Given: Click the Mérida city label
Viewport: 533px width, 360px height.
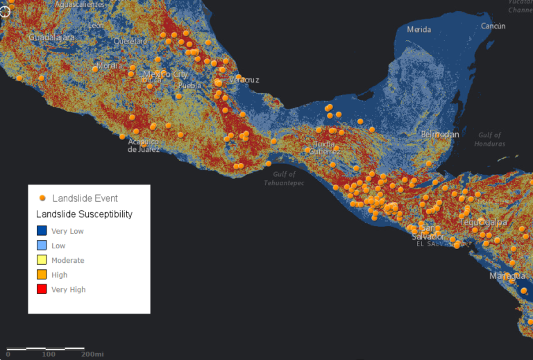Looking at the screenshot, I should tap(418, 29).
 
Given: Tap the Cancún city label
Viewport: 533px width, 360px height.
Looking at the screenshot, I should tap(493, 26).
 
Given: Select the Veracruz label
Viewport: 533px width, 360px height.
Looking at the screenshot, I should tap(244, 80).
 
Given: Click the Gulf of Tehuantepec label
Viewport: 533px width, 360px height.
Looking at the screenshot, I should tap(284, 179).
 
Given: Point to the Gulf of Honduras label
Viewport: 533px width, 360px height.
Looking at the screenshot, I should tap(490, 139).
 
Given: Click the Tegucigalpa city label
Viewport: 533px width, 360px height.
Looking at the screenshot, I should tap(483, 223).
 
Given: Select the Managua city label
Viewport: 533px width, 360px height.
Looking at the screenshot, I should tap(507, 275).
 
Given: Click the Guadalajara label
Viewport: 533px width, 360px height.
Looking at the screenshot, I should tap(51, 37).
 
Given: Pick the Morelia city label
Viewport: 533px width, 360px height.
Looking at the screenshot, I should tap(109, 65).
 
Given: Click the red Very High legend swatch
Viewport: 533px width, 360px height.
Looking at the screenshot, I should tap(42, 289).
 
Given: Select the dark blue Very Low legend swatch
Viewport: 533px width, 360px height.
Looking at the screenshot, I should tap(42, 231).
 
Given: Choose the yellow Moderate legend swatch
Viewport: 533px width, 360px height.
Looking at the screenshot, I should tap(42, 260).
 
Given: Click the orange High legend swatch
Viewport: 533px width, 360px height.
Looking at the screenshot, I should tap(42, 275).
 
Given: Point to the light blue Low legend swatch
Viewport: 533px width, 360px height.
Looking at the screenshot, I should tap(42, 246).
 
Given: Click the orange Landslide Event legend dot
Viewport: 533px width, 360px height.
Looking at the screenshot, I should tap(43, 198).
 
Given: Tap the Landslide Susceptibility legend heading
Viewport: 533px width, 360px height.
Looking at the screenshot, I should tap(84, 214).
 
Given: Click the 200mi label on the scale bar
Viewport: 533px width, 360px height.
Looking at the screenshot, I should tap(92, 354).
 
